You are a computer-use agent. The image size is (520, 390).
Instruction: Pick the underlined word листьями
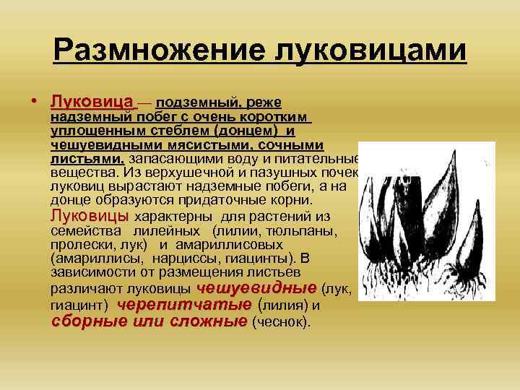(87, 159)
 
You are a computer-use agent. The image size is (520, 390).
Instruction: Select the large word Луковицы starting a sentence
(90, 215)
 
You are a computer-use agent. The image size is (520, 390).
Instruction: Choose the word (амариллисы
(91, 258)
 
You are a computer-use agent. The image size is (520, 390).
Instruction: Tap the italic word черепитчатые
(184, 305)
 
